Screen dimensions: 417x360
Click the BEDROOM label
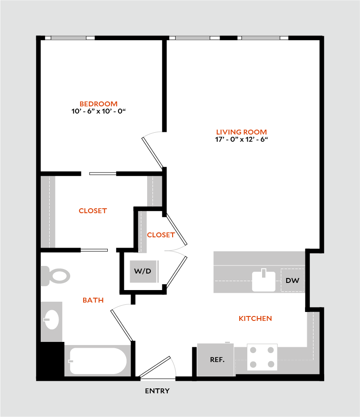click(98, 104)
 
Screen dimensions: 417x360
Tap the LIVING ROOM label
click(241, 132)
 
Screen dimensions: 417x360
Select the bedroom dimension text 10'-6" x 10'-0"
click(98, 111)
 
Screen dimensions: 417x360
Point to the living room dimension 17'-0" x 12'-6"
click(241, 139)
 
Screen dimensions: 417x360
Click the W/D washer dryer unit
click(143, 271)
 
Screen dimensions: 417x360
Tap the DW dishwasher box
click(292, 281)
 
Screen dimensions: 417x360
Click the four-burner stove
click(262, 358)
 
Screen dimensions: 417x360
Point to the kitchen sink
click(264, 280)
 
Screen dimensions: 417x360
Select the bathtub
click(97, 361)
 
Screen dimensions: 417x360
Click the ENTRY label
click(157, 391)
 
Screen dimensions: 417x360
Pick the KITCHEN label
click(255, 319)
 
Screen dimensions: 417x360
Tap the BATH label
click(93, 300)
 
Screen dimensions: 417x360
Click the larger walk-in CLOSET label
click(93, 211)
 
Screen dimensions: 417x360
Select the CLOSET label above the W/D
click(161, 235)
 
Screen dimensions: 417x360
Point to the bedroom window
click(68, 38)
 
